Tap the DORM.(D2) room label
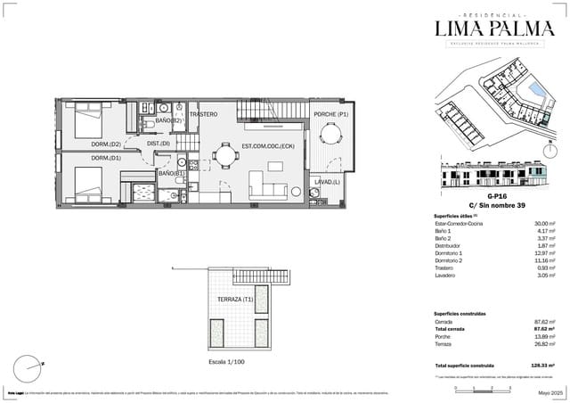(105, 144)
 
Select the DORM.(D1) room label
(105, 159)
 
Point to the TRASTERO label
(203, 114)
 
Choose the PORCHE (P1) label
(330, 115)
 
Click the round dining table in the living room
(225, 157)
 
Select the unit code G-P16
(497, 196)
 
